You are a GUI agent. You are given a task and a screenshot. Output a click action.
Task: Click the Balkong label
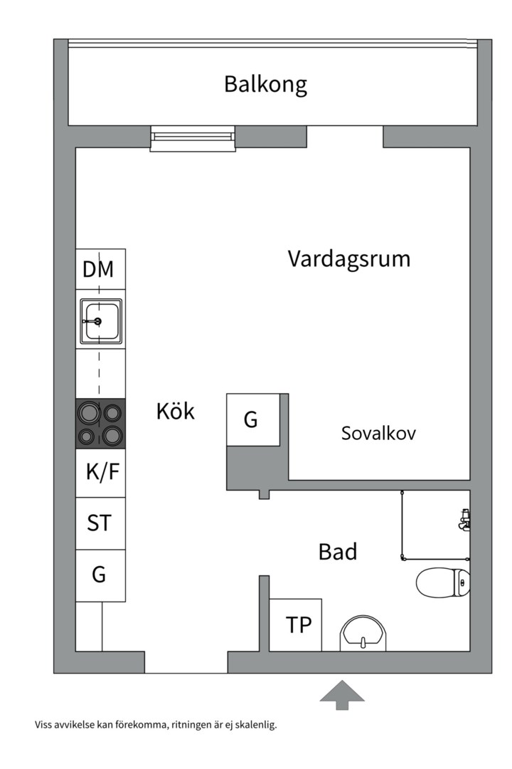[x=265, y=84]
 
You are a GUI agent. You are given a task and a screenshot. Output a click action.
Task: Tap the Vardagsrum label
[x=348, y=258]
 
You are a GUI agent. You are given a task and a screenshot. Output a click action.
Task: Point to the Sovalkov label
[x=378, y=433]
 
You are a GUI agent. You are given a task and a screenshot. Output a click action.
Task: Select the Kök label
[x=175, y=411]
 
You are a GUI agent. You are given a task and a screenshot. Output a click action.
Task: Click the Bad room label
[x=337, y=551]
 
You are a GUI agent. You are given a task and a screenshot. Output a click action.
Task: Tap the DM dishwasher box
[x=100, y=269]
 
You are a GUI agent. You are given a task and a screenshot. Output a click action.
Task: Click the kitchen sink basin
[x=100, y=321]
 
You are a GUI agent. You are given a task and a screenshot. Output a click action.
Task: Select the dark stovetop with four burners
[x=100, y=423]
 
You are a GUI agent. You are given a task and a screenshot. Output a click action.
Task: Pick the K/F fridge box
[x=100, y=473]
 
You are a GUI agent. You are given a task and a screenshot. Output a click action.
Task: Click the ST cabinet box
[x=100, y=523]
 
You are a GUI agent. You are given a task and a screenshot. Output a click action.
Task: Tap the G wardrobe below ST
[x=100, y=575]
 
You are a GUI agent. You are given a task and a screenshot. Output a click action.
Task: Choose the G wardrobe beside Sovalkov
[x=252, y=420]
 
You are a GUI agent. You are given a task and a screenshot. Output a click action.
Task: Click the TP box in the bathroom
[x=296, y=625]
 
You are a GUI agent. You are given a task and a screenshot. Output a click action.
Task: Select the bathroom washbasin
[x=363, y=634]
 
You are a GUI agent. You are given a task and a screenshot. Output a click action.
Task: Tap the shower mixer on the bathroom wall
[x=464, y=520]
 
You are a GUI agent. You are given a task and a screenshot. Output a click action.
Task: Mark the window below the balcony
[x=192, y=138]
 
